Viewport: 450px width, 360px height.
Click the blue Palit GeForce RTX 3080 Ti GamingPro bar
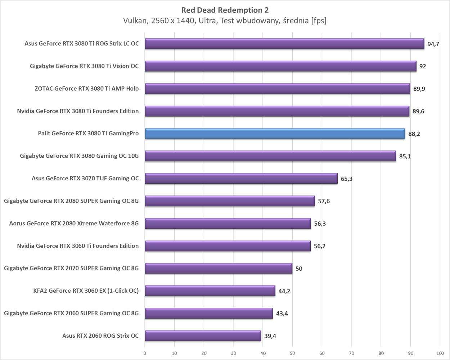coord(275,134)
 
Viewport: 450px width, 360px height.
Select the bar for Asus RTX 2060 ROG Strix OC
coord(203,336)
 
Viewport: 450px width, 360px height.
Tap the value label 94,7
coord(433,44)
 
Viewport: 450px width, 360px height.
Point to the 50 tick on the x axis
coord(292,353)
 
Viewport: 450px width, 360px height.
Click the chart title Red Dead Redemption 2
coord(225,10)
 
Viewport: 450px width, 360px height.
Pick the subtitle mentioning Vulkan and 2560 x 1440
coord(225,21)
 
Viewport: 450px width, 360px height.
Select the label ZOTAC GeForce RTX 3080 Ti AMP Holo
coord(86,89)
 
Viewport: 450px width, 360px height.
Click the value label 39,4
coord(270,336)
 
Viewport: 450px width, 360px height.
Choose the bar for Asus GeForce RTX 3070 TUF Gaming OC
coord(241,179)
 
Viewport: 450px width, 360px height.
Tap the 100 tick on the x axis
coord(440,353)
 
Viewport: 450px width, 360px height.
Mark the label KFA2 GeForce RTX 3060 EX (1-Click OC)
coord(86,291)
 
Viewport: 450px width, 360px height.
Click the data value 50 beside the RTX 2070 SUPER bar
coord(299,269)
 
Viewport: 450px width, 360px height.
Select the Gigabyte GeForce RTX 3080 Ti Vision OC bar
coord(280,66)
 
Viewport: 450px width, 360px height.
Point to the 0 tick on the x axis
coord(145,353)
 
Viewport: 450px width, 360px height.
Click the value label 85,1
coord(405,157)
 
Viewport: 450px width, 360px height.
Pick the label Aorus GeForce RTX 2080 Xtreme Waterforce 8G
coord(74,224)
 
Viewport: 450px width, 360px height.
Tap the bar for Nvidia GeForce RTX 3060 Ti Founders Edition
coord(228,246)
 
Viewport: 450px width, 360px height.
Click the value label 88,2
coord(414,134)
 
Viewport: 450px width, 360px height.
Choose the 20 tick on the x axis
coord(204,353)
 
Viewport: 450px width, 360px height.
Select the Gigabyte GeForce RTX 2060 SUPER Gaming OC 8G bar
coord(208,313)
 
